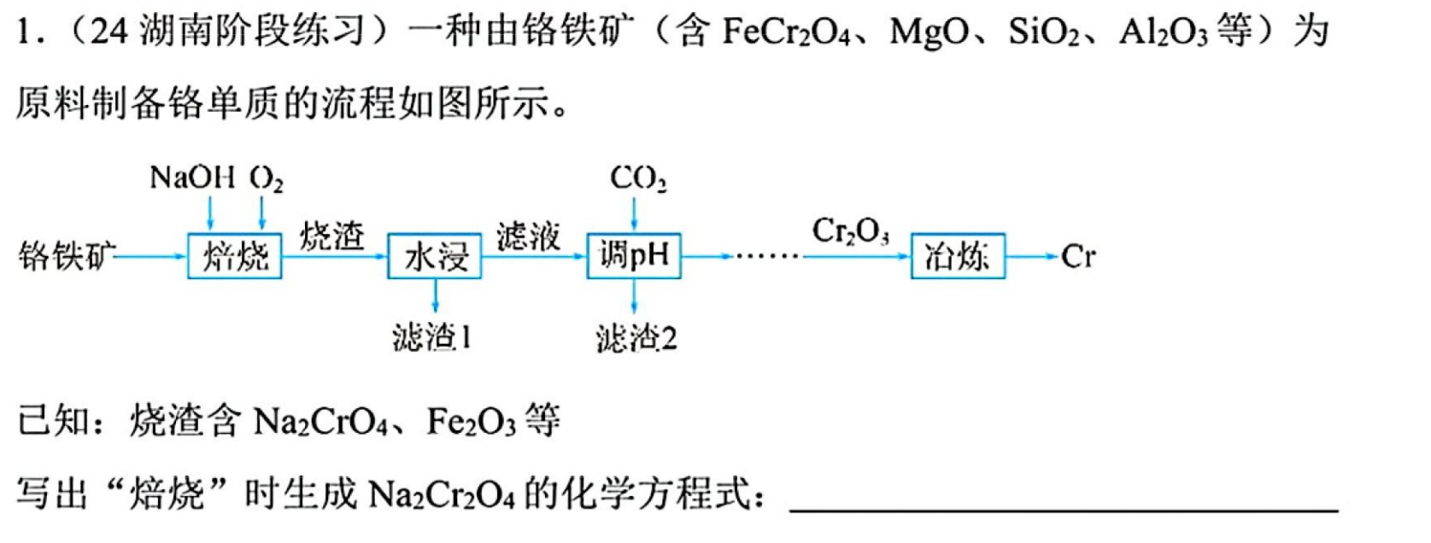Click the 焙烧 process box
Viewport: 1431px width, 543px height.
click(234, 256)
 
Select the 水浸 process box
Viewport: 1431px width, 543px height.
click(434, 256)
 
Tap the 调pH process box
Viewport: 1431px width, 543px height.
click(634, 256)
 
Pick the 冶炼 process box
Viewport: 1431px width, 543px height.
click(958, 256)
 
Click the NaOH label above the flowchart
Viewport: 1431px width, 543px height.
click(192, 178)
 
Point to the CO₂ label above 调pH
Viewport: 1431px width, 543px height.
click(638, 178)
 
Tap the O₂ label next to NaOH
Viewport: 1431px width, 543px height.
click(267, 178)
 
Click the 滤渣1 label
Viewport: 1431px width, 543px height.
click(432, 337)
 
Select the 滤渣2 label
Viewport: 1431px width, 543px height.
click(636, 337)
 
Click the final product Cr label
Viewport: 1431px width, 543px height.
click(1078, 256)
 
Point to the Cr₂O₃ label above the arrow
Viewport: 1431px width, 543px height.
click(851, 231)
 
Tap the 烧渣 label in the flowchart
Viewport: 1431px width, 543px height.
click(332, 236)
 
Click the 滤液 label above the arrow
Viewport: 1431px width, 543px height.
click(528, 236)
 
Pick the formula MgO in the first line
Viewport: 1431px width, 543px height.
click(930, 32)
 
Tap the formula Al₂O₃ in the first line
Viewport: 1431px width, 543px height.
click(1164, 32)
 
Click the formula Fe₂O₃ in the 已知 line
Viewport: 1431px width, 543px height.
click(471, 422)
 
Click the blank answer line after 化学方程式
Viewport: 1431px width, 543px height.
click(1064, 511)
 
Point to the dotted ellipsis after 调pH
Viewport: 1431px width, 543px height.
click(767, 256)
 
